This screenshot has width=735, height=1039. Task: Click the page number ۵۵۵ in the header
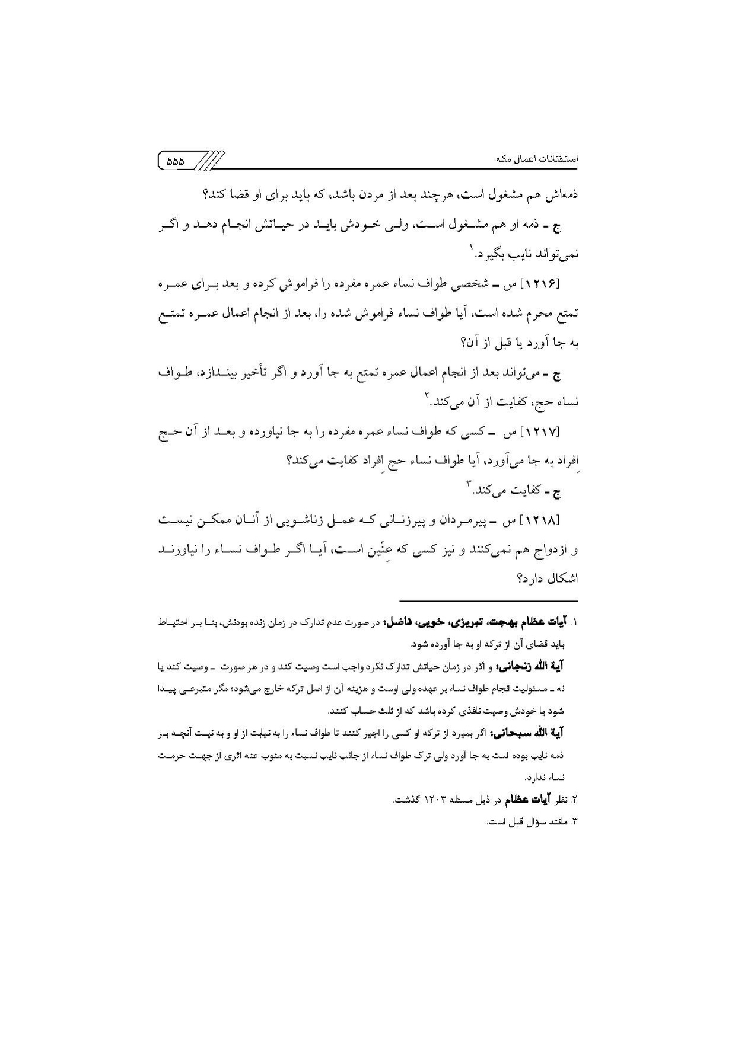[176, 161]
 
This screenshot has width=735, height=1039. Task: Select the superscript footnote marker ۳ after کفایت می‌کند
[468, 487]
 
